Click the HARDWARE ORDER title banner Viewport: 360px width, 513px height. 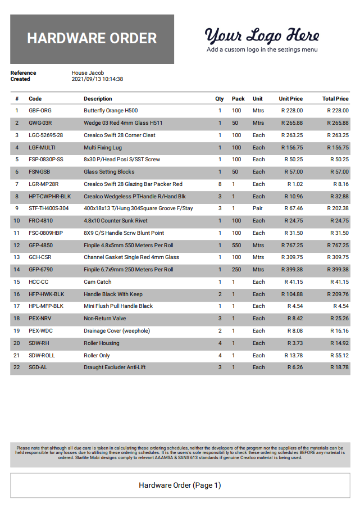[x=92, y=39]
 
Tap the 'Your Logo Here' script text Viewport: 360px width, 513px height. [x=262, y=35]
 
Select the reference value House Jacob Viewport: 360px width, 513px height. [x=88, y=73]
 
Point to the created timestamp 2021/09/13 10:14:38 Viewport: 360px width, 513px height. [x=97, y=79]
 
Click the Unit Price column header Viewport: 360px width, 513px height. [x=290, y=99]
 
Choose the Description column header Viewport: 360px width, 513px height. [x=98, y=99]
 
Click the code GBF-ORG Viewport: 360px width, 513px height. [x=40, y=111]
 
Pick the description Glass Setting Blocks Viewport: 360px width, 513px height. [x=109, y=172]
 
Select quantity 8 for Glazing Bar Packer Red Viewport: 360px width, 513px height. [x=220, y=184]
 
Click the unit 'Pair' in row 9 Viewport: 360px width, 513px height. [x=258, y=208]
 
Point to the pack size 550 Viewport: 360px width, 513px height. [x=236, y=246]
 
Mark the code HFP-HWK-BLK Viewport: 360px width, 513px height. [x=47, y=294]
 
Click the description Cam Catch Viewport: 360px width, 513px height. [x=98, y=282]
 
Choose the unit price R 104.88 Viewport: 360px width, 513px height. [x=291, y=294]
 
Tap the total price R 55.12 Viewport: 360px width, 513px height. [x=338, y=356]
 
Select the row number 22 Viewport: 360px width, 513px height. [x=17, y=367]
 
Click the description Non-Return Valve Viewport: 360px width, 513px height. [x=105, y=319]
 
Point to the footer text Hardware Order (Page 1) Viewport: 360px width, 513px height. [x=180, y=485]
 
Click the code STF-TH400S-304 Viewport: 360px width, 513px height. [x=48, y=208]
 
